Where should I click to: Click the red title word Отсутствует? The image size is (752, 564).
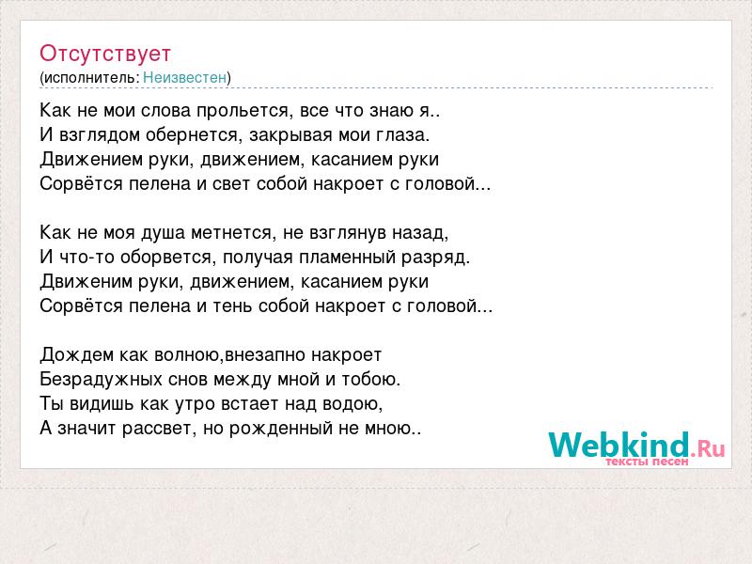[x=105, y=54]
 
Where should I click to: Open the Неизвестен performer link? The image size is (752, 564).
[x=184, y=77]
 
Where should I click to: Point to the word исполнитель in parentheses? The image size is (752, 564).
[x=91, y=78]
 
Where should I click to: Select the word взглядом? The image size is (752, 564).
[x=100, y=135]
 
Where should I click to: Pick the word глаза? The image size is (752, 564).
[x=404, y=135]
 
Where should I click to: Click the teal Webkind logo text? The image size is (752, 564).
[x=619, y=444]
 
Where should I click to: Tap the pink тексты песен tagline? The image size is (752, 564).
[x=647, y=462]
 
